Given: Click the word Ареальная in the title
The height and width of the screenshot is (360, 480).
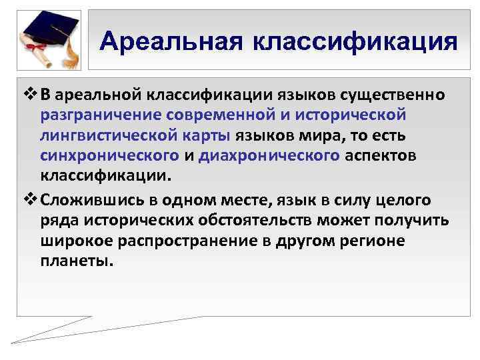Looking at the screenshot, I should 170,41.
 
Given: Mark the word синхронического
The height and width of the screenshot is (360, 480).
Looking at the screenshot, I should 109,155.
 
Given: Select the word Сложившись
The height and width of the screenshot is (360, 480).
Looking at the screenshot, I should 89,199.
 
